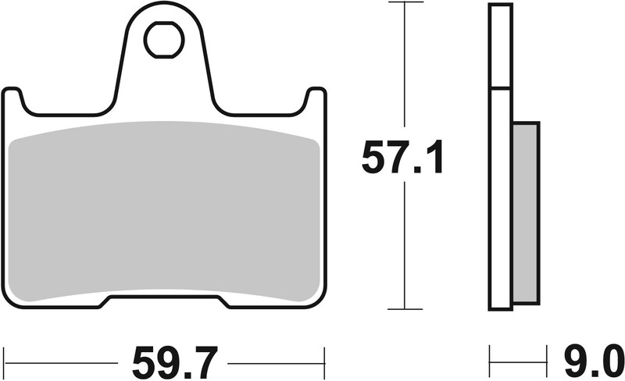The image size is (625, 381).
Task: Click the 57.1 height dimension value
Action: coord(402,159)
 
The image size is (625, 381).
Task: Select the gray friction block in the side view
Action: coord(527,212)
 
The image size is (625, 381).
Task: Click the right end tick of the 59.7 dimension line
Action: coord(323,363)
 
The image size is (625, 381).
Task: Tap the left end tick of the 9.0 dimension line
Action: coord(490,363)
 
